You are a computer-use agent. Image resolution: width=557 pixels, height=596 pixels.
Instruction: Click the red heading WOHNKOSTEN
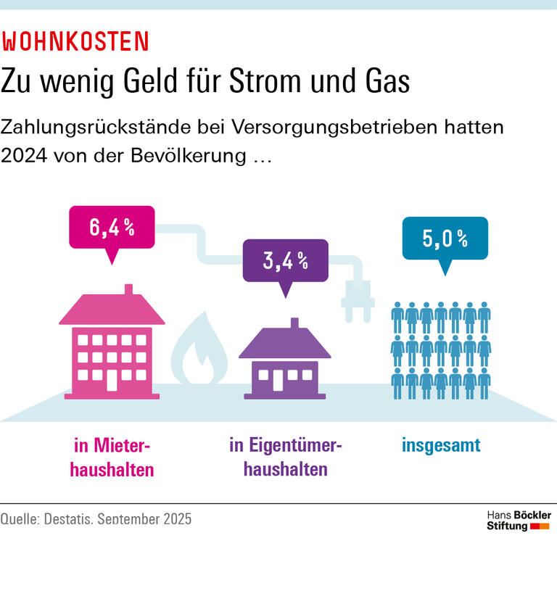(75, 42)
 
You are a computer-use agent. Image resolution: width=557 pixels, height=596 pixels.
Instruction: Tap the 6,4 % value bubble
(112, 227)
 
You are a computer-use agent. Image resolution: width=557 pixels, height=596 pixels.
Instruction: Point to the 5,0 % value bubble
(445, 238)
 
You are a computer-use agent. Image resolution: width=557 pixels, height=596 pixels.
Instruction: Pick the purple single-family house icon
(285, 363)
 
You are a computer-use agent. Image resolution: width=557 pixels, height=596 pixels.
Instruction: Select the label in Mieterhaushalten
(112, 457)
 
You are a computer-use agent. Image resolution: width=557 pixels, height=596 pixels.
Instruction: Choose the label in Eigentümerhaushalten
(285, 457)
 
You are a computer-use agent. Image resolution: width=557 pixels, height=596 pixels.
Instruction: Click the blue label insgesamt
(441, 445)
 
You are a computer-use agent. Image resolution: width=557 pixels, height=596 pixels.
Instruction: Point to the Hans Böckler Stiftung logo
(518, 520)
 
